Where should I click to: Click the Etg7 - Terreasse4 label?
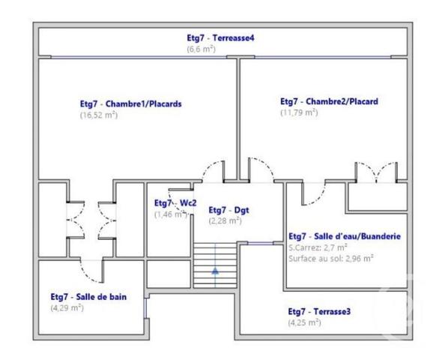click(221, 37)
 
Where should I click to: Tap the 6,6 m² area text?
click(202, 49)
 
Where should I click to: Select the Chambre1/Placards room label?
click(130, 104)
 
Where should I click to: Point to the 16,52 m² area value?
click(98, 115)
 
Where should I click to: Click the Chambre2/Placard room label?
click(328, 101)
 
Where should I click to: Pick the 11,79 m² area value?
click(299, 112)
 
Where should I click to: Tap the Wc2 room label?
click(175, 203)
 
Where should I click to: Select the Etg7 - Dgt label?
click(228, 210)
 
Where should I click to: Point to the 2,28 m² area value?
click(225, 221)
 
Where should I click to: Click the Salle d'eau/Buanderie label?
click(344, 235)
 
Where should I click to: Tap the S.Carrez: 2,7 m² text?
click(318, 247)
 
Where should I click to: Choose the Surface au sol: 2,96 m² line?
click(331, 258)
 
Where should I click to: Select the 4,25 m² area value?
click(305, 322)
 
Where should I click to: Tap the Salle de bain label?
click(88, 296)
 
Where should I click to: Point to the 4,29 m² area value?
click(67, 307)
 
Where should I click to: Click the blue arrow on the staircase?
click(216, 273)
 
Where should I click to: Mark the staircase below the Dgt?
click(216, 262)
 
